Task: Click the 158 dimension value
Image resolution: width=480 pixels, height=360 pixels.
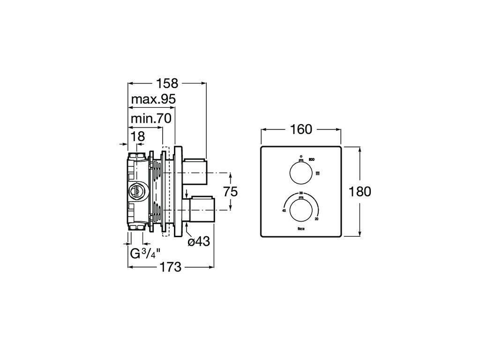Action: click(167, 83)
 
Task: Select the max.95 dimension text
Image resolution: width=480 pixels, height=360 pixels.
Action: click(153, 99)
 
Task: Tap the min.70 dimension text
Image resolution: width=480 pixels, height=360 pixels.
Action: click(150, 118)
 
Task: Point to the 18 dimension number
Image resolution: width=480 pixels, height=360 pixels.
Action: click(138, 136)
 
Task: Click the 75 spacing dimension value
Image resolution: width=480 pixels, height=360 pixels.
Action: click(230, 192)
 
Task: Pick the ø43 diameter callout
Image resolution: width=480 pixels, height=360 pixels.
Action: click(198, 242)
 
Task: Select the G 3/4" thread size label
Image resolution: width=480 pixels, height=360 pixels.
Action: click(145, 254)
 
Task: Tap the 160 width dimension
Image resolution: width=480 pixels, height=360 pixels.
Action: click(301, 129)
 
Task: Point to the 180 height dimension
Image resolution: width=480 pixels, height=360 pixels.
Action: click(360, 192)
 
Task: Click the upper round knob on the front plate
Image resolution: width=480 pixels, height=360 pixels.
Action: click(300, 172)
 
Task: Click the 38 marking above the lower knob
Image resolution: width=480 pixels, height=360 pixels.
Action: click(300, 194)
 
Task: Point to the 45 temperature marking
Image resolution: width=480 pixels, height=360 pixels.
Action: click(284, 211)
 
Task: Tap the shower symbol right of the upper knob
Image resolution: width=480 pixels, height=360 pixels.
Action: click(317, 173)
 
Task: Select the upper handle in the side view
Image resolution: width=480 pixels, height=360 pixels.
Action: click(195, 172)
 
